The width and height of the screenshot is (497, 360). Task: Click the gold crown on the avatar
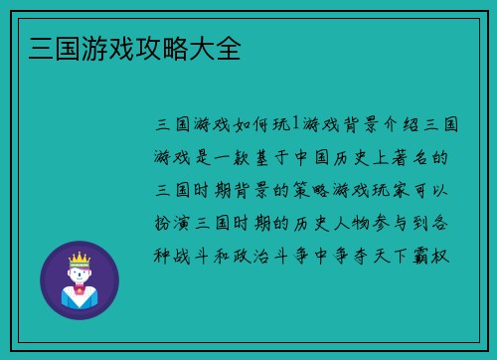coord(79,261)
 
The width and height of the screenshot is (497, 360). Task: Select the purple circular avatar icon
coord(80,280)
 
